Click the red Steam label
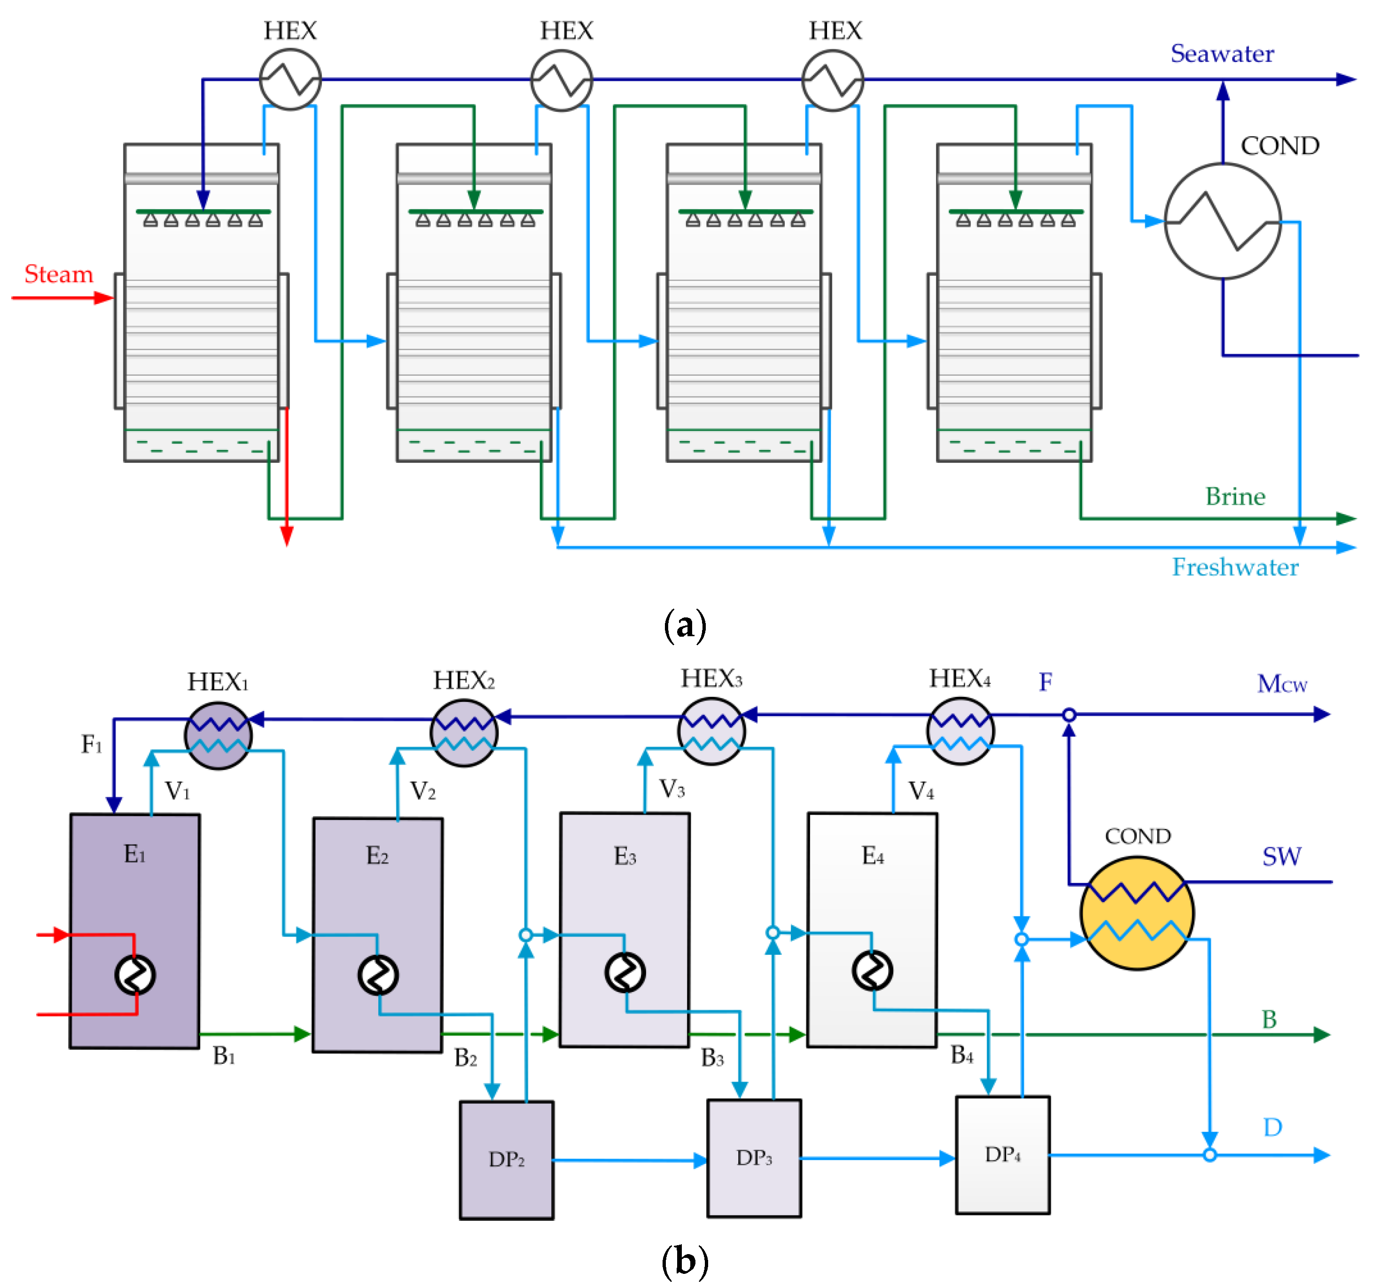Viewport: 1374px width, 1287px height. point(59,274)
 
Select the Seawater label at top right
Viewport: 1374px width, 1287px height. point(1221,54)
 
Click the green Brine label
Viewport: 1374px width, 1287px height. point(1235,496)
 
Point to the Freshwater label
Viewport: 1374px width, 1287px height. point(1234,568)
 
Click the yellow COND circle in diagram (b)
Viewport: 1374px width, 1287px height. point(1137,913)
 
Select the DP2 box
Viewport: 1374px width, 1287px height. point(506,1159)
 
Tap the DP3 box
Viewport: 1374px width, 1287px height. point(754,1158)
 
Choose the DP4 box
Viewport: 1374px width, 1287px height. point(1002,1154)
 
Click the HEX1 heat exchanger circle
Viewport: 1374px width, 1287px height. point(219,735)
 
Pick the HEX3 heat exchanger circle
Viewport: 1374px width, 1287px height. point(711,731)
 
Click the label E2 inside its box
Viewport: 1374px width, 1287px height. point(377,856)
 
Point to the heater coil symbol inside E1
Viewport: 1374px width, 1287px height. point(135,975)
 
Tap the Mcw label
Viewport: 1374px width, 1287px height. point(1281,684)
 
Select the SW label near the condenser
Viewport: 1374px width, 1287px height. point(1281,857)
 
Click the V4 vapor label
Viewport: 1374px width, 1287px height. point(921,790)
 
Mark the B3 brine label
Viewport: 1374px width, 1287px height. point(712,1058)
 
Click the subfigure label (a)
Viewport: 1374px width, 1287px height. point(684,625)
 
